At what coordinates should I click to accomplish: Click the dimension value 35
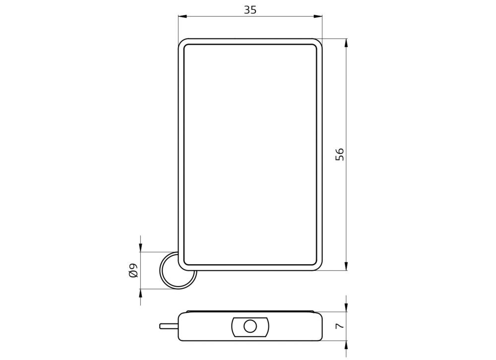pyautogui.click(x=250, y=9)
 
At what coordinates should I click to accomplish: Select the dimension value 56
pyautogui.click(x=340, y=154)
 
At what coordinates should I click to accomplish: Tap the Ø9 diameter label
pyautogui.click(x=133, y=271)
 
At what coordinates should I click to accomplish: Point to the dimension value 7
pyautogui.click(x=340, y=326)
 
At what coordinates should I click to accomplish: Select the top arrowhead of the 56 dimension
pyautogui.click(x=346, y=43)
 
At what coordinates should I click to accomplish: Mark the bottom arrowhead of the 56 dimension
pyautogui.click(x=346, y=266)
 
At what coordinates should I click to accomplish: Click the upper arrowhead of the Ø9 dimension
pyautogui.click(x=141, y=247)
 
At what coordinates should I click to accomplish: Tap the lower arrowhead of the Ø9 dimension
pyautogui.click(x=141, y=294)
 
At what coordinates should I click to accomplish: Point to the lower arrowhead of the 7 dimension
pyautogui.click(x=346, y=345)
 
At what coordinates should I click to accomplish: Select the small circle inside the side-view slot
pyautogui.click(x=250, y=326)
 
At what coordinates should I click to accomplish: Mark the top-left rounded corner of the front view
pyautogui.click(x=182, y=43)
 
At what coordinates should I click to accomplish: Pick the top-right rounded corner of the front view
pyautogui.click(x=318, y=43)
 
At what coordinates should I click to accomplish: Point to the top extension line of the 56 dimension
pyautogui.click(x=335, y=39)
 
